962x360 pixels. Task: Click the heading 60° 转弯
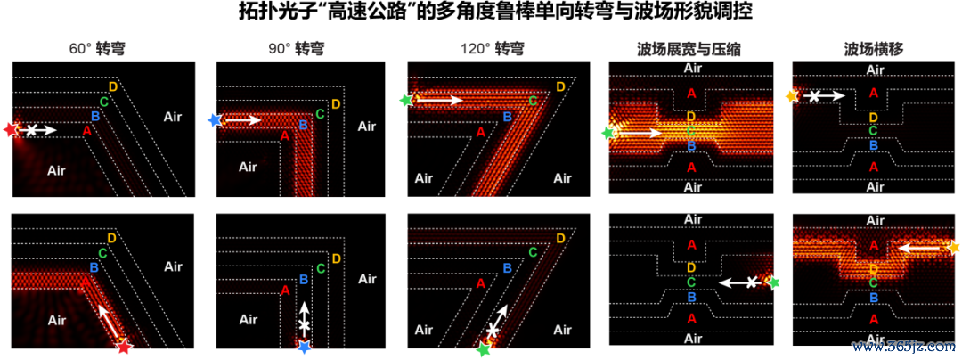click(x=98, y=48)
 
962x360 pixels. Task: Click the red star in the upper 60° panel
click(x=11, y=129)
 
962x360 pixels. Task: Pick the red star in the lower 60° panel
click(x=125, y=348)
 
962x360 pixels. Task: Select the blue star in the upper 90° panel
click(x=214, y=120)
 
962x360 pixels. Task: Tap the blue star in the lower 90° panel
click(x=305, y=348)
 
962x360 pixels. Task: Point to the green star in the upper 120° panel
click(x=405, y=99)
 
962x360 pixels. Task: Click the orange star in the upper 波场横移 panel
click(x=792, y=96)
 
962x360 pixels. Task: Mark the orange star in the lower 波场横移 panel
click(x=953, y=248)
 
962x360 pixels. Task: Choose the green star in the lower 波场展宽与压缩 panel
click(x=774, y=282)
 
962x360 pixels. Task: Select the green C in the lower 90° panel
click(x=321, y=268)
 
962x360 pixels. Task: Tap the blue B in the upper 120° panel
click(x=507, y=117)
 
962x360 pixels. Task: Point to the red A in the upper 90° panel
click(x=285, y=136)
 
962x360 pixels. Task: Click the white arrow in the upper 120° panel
click(x=439, y=99)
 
